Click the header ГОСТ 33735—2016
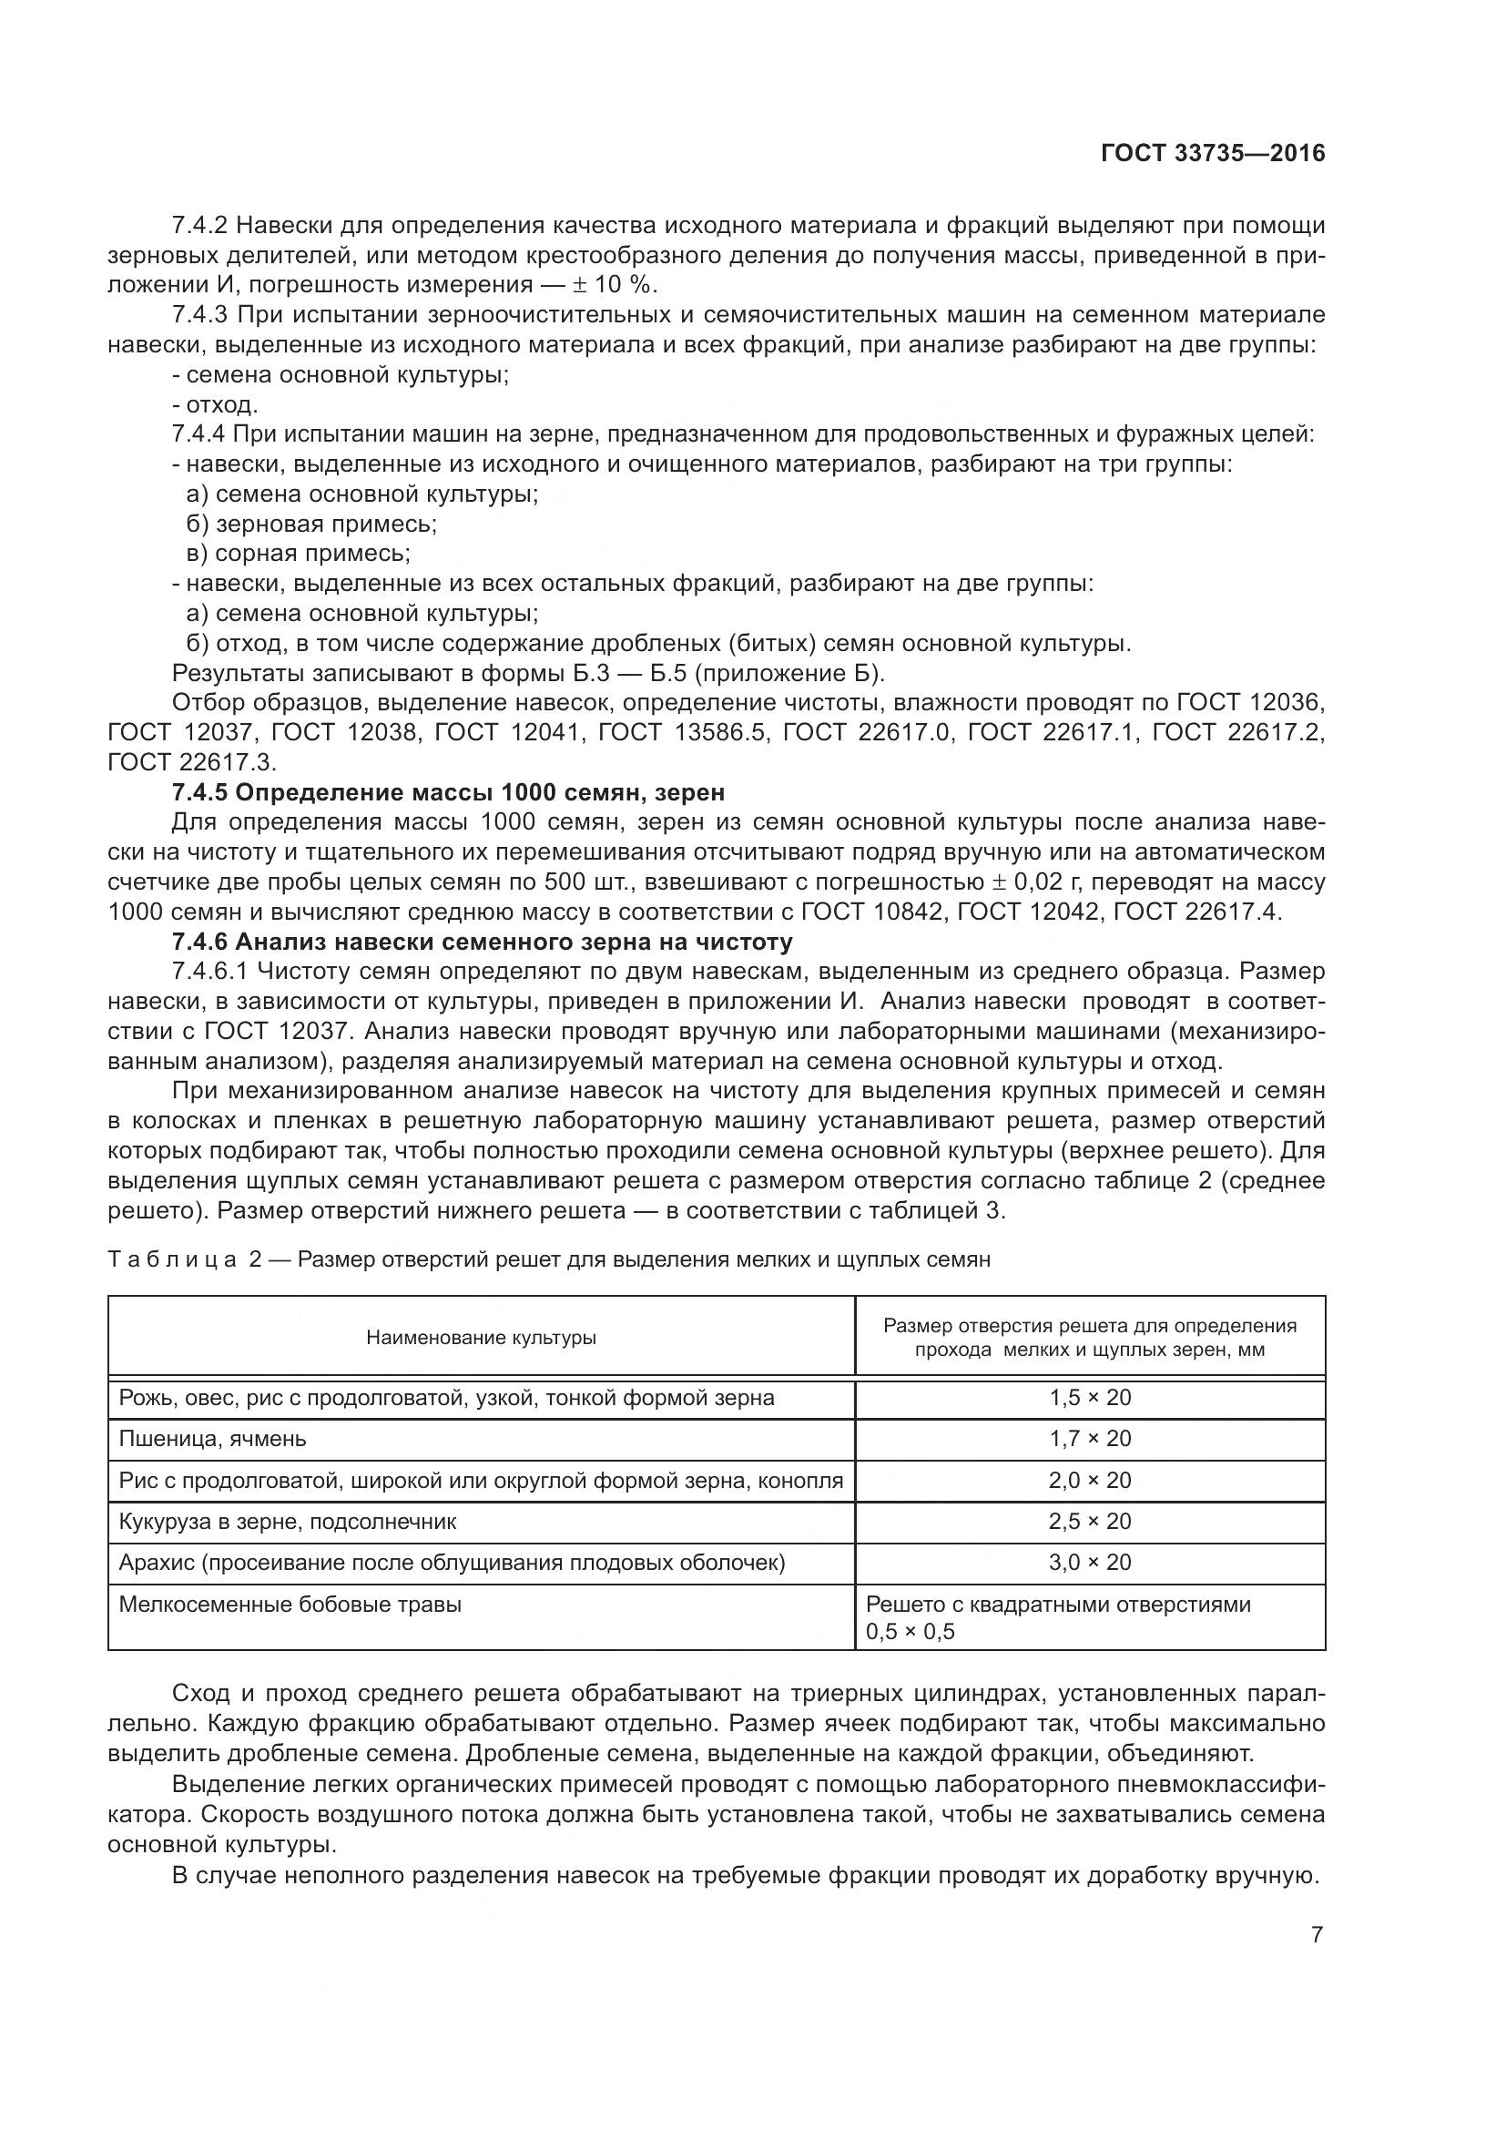tap(1213, 154)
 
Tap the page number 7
tap(1317, 1935)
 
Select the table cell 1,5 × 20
tap(1090, 1398)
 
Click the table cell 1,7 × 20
tap(1090, 1439)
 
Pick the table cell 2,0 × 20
tap(1090, 1481)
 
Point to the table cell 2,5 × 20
tap(1090, 1522)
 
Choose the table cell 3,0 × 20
tap(1090, 1563)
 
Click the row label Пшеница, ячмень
tap(212, 1439)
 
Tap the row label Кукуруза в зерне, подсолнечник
tap(288, 1522)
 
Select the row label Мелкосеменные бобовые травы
tap(290, 1605)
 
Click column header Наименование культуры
tap(481, 1338)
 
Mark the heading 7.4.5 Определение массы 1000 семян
tap(448, 793)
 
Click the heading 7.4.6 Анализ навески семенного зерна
tap(483, 943)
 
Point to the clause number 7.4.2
tap(199, 226)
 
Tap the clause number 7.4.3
tap(199, 315)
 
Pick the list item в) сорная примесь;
tap(298, 555)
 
